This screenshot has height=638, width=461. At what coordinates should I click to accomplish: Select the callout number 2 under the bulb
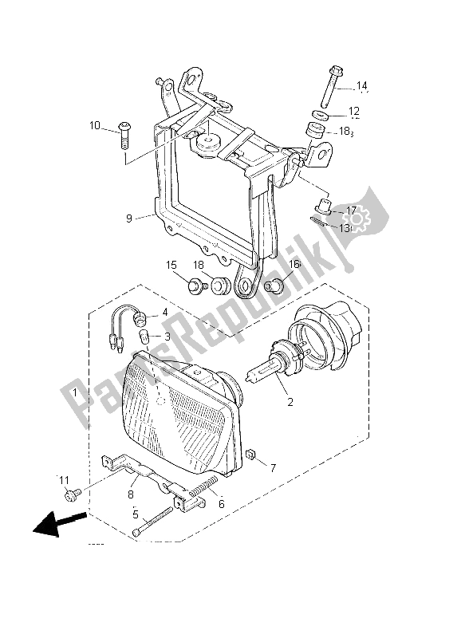290,402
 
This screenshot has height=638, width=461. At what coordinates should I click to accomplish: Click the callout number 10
95,125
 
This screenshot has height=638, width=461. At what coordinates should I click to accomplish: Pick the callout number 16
294,264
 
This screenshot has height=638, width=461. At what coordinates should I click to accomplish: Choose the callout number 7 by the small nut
274,467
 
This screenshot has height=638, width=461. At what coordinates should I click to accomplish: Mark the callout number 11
65,480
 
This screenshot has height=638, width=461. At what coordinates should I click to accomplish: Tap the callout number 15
171,264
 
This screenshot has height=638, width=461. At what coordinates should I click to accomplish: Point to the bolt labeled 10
125,136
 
